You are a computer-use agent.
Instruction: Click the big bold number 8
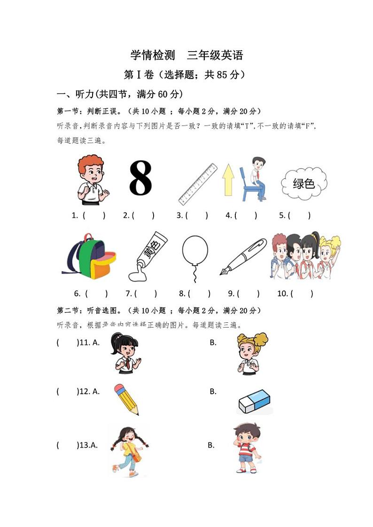coord(140,178)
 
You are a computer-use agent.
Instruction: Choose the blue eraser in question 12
coord(254,402)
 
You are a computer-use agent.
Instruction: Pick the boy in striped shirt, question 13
coord(247,448)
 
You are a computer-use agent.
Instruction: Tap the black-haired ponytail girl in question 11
coord(125,353)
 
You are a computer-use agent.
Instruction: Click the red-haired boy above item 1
coord(92,180)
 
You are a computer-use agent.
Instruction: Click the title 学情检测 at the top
coord(152,55)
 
